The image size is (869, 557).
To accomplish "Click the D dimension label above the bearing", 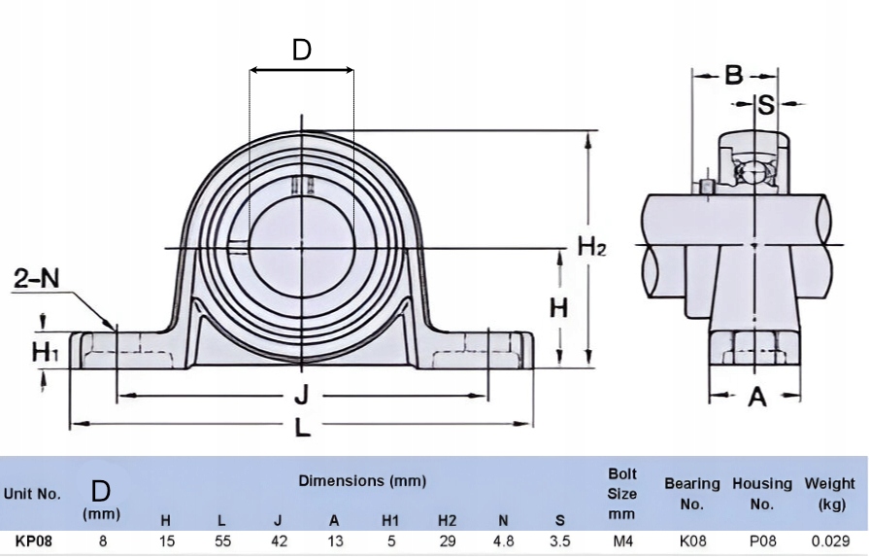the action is (302, 50).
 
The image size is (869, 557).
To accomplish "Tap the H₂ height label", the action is (592, 246).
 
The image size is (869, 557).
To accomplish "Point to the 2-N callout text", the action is (37, 278).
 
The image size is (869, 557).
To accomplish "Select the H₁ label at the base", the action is (45, 352).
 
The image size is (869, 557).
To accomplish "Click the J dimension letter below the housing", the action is (301, 396).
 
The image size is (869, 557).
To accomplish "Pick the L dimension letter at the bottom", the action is (302, 427).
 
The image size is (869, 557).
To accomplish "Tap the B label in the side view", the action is (734, 75).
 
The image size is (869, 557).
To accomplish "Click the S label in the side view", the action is (765, 104).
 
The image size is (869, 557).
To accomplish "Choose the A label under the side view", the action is (757, 397).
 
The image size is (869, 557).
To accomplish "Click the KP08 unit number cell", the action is (34, 540).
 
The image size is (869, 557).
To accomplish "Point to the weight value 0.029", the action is (829, 540).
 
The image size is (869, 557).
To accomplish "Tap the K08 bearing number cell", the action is (692, 540).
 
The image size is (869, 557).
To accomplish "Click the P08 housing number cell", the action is (762, 540).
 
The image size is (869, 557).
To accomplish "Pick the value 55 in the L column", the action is (222, 540).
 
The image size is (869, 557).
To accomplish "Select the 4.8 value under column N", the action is (503, 540).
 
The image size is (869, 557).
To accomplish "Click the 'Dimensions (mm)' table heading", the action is (362, 481).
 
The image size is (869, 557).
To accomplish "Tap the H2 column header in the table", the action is (447, 520).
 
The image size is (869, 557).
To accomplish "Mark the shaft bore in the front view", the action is (302, 247).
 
